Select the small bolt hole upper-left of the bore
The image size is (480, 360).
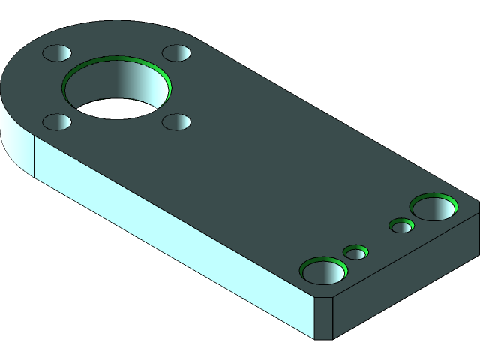point(56,53)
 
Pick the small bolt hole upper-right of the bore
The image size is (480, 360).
point(177,53)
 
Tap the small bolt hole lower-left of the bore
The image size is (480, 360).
point(57,121)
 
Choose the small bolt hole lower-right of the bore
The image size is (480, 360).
point(177,121)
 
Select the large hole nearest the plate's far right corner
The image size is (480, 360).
point(433,207)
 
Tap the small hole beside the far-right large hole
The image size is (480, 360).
point(402,226)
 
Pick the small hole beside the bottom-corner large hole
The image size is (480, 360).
point(355,253)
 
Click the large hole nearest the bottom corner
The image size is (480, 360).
point(323,270)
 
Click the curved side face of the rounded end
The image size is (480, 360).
point(15,142)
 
